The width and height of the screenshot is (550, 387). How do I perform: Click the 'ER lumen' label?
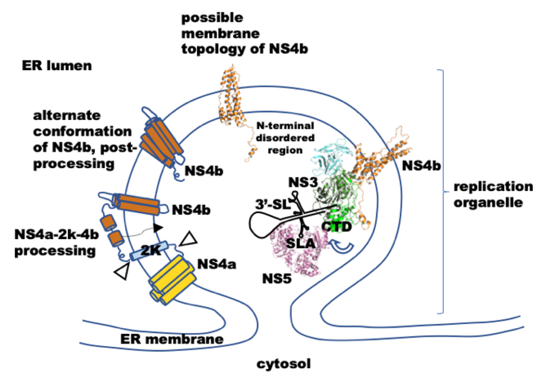coord(56,66)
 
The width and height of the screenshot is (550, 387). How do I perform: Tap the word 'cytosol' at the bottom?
coord(283,364)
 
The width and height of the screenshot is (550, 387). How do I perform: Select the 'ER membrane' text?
coord(172,339)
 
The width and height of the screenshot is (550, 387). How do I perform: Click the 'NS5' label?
coord(277,279)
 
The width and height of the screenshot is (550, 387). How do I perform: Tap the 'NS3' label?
coord(303,183)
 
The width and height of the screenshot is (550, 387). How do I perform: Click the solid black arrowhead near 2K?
coord(158,228)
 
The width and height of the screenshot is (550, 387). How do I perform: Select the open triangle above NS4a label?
coord(189,239)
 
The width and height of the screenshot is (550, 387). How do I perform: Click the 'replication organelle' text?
coord(493,195)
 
